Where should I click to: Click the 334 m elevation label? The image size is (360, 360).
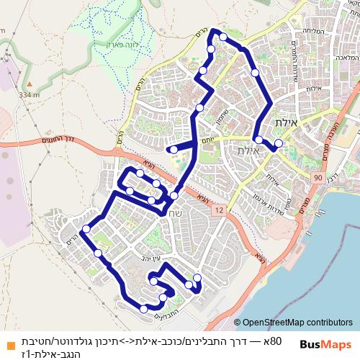(30, 94)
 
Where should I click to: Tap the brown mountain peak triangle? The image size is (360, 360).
(30, 84)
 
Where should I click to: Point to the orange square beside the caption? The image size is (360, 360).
(9, 343)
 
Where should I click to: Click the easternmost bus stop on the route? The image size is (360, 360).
(279, 143)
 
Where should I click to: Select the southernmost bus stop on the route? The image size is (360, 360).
(144, 309)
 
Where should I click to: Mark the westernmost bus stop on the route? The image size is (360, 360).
(86, 229)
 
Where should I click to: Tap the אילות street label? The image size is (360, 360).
(312, 88)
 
